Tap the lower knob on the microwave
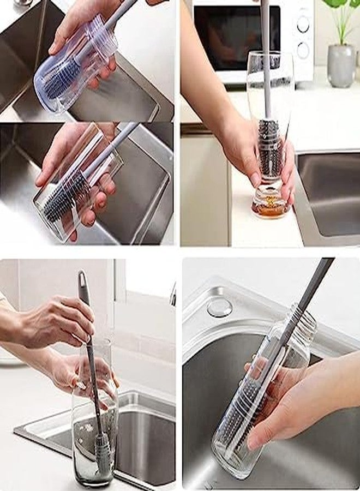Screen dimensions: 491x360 tap(303, 50)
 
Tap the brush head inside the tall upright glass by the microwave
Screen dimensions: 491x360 tap(269, 147)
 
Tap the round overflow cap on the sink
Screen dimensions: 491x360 tap(219, 307)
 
